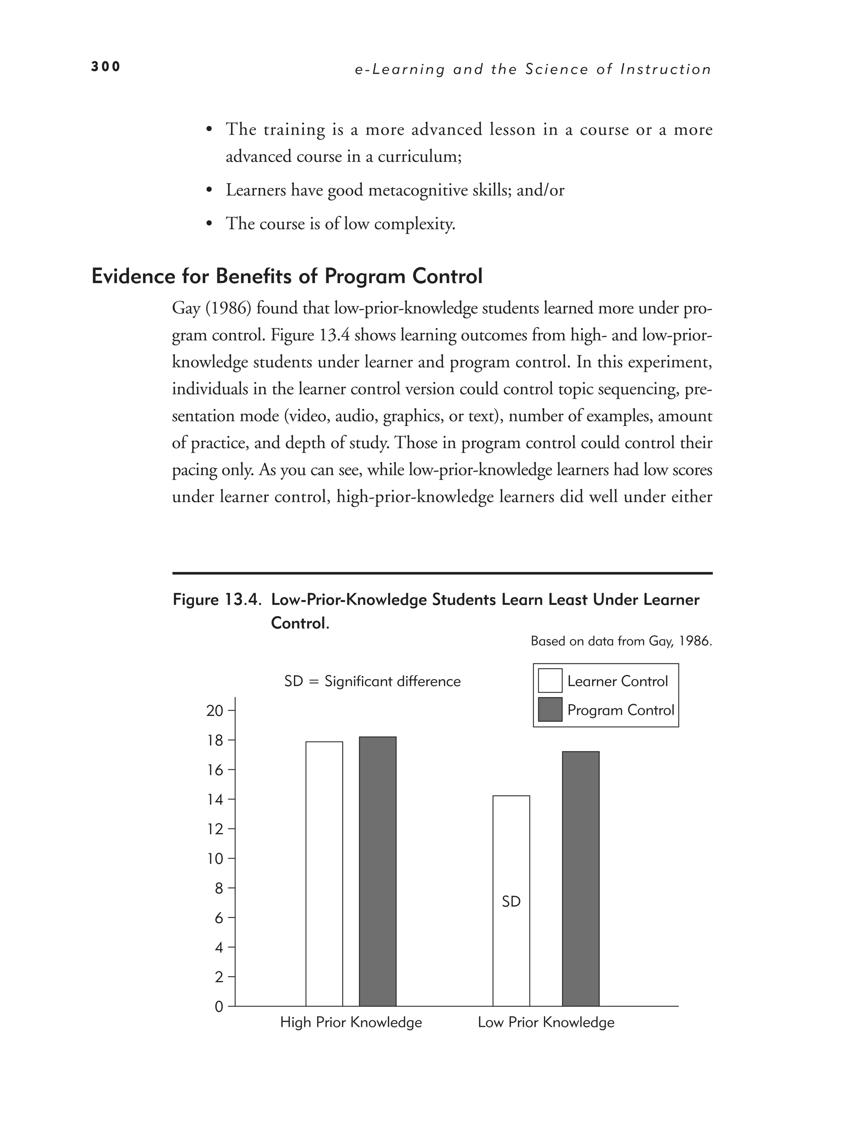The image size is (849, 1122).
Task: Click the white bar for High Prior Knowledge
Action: tap(324, 873)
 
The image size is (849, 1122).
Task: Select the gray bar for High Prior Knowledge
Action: tap(377, 870)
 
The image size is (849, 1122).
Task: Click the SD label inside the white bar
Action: tap(511, 901)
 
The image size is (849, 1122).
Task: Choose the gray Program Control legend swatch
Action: tap(550, 709)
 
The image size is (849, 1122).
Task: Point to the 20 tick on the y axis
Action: tap(215, 711)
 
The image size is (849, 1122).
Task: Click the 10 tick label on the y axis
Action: tap(215, 859)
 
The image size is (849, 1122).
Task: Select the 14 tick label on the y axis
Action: tap(215, 800)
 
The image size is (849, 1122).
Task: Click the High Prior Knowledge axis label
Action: tap(351, 1022)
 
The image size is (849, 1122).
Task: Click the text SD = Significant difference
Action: tap(372, 681)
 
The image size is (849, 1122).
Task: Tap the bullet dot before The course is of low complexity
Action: tap(209, 224)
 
